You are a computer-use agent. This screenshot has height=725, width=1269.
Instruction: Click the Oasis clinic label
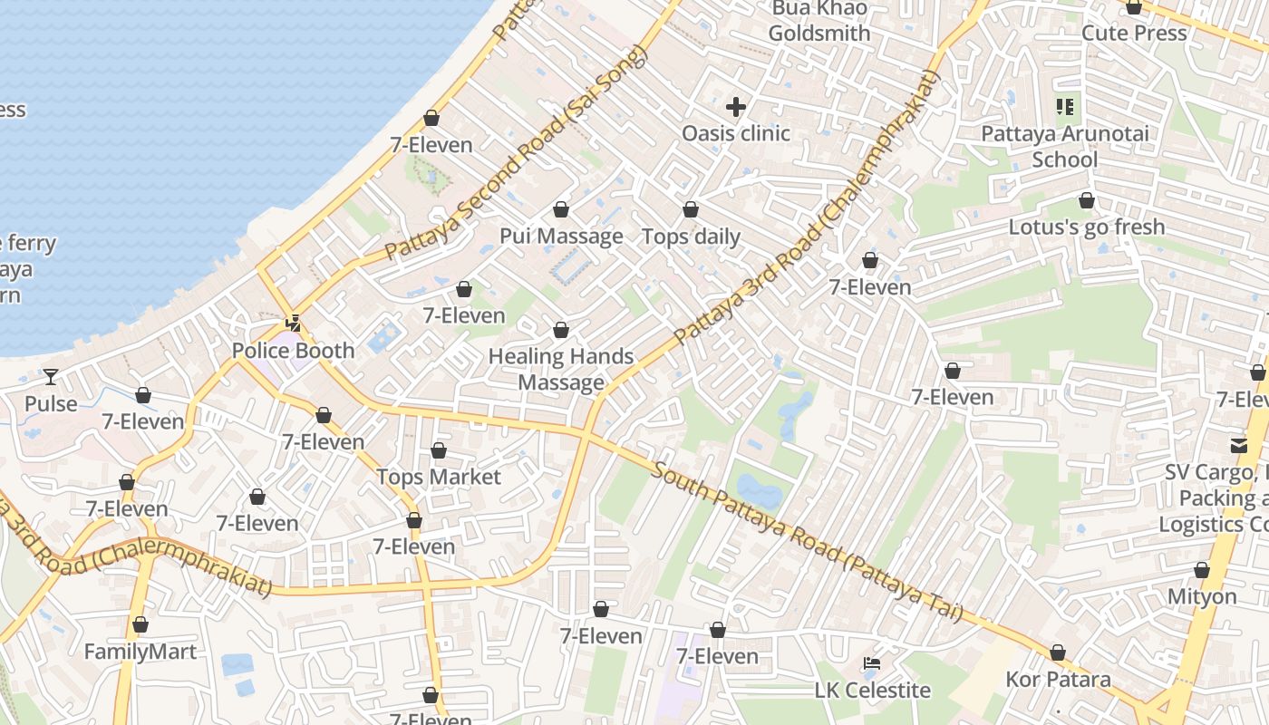pyautogui.click(x=736, y=133)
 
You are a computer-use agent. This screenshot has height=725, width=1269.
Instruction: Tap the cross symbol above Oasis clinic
pyautogui.click(x=736, y=107)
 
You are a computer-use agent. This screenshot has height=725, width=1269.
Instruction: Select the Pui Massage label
pyautogui.click(x=561, y=237)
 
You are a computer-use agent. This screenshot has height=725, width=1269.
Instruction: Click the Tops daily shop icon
pyautogui.click(x=691, y=210)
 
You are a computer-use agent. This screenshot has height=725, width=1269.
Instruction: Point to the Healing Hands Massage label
pyautogui.click(x=561, y=369)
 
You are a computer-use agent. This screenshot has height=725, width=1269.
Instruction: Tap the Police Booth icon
pyautogui.click(x=293, y=323)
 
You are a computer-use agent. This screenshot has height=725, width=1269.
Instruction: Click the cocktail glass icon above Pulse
pyautogui.click(x=51, y=376)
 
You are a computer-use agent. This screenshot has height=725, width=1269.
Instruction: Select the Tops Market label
pyautogui.click(x=439, y=477)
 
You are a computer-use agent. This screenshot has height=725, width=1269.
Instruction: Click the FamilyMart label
pyautogui.click(x=140, y=652)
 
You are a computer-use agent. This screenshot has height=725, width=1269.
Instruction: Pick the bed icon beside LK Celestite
pyautogui.click(x=872, y=663)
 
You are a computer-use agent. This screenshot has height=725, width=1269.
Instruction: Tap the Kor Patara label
pyautogui.click(x=1058, y=679)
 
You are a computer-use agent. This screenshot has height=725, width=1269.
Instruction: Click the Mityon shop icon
pyautogui.click(x=1202, y=571)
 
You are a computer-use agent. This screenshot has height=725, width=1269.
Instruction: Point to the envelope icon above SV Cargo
pyautogui.click(x=1238, y=445)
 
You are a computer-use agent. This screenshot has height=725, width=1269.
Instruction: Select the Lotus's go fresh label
pyautogui.click(x=1087, y=227)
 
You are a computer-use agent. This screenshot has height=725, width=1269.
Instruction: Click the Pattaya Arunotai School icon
pyautogui.click(x=1065, y=107)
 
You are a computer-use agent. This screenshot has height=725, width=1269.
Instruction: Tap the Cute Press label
pyautogui.click(x=1134, y=34)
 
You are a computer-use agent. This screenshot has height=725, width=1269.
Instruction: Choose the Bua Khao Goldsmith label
pyautogui.click(x=819, y=22)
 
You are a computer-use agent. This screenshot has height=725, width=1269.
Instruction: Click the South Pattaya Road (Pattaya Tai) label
pyautogui.click(x=806, y=542)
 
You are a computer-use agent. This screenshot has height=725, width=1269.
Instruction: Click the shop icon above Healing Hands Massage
pyautogui.click(x=561, y=330)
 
